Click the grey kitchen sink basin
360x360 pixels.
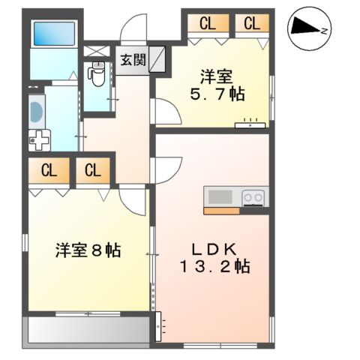[x=220, y=197]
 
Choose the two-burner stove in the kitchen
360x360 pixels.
[x=253, y=197]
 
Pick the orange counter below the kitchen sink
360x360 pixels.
[x=221, y=211]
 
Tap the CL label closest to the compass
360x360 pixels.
[x=251, y=23]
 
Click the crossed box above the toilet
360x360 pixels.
[x=95, y=52]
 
